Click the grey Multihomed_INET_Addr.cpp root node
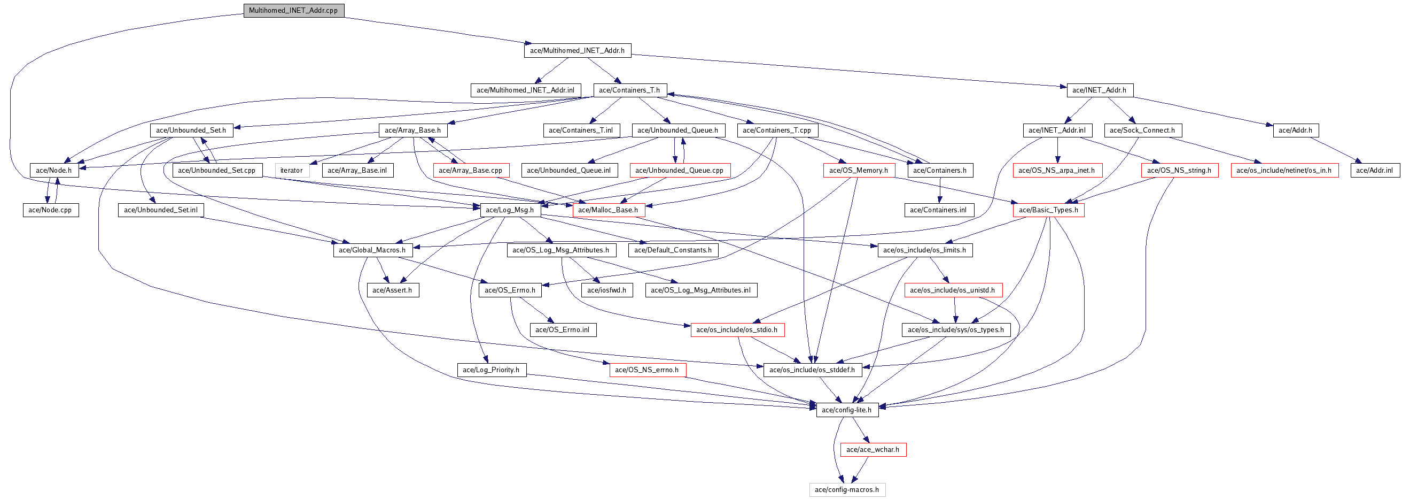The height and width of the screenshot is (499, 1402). click(x=293, y=10)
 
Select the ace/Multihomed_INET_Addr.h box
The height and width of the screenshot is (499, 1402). click(x=577, y=51)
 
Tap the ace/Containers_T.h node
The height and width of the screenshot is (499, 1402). click(x=630, y=90)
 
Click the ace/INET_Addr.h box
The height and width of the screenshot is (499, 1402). click(x=1099, y=90)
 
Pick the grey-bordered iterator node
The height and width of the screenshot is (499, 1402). click(x=292, y=171)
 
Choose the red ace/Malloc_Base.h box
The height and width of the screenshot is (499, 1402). click(x=608, y=210)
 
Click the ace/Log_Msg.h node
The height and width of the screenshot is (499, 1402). click(x=510, y=210)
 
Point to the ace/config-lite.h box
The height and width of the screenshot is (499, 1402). click(x=846, y=410)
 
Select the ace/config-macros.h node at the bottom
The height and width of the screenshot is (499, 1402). click(x=846, y=490)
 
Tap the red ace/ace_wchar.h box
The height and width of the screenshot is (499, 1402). click(x=873, y=450)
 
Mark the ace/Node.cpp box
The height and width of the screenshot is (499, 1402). click(x=50, y=210)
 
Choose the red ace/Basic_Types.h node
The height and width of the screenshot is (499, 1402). click(x=1048, y=210)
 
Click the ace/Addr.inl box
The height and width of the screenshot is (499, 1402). click(x=1374, y=171)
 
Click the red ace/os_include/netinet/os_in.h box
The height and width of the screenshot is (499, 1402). click(x=1284, y=171)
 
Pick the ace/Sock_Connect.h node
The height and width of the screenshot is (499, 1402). click(x=1142, y=130)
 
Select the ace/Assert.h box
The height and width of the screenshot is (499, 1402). click(x=392, y=290)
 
